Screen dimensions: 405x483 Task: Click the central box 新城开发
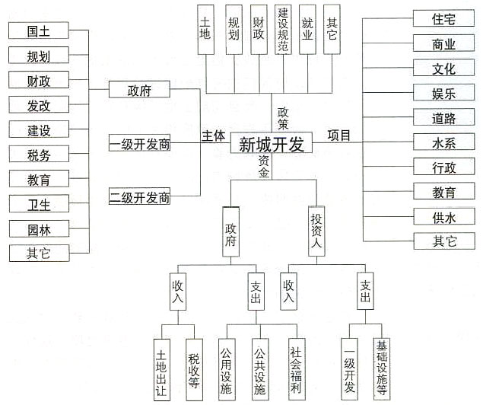tap(271, 144)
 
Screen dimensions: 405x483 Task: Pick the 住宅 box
tap(444, 18)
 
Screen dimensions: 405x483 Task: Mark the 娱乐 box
tap(444, 93)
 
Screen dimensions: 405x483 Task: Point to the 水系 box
tap(444, 142)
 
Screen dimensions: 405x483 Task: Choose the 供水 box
tap(444, 217)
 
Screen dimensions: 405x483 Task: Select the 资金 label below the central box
tap(263, 167)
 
